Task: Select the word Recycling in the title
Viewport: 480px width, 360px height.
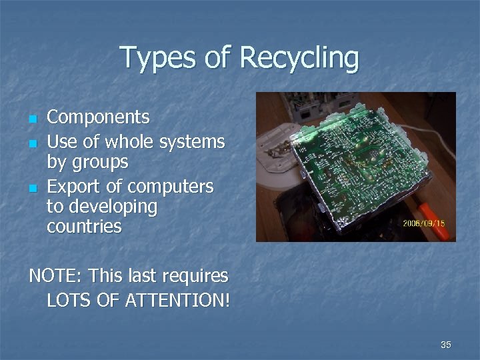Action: tap(299, 59)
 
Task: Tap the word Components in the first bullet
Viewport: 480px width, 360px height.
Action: tap(98, 118)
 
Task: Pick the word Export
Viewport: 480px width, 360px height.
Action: tap(73, 185)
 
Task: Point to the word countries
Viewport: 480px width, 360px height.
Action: tap(84, 227)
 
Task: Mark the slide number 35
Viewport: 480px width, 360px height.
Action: tap(446, 345)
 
